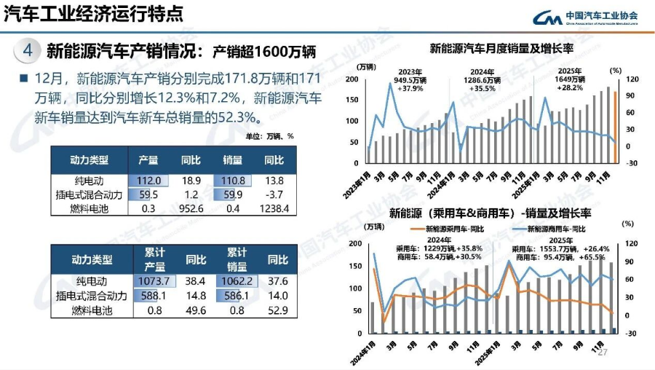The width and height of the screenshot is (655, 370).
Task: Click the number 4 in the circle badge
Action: pos(27,50)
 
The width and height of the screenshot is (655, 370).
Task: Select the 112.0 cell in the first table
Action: pos(149,181)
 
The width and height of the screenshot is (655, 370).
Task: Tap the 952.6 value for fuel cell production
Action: pos(191,208)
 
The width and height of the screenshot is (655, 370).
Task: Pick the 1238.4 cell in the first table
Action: pos(274,208)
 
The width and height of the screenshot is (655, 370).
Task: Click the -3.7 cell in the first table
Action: pos(274,194)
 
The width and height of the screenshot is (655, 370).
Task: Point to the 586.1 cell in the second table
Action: pos(237,296)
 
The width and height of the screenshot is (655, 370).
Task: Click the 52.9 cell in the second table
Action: pos(277,310)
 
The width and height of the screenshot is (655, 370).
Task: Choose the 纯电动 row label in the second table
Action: pos(92,281)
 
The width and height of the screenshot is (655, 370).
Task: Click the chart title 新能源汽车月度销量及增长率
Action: pos(501,50)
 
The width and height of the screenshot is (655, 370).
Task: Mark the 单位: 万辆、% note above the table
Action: pos(269,135)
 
